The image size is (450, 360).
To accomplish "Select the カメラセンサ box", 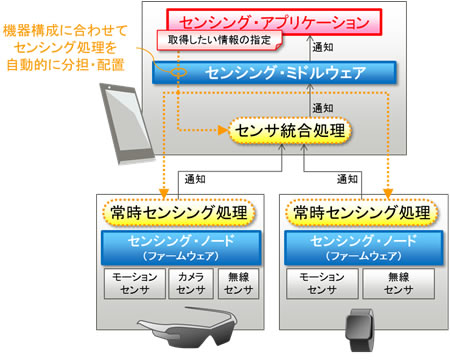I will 188,283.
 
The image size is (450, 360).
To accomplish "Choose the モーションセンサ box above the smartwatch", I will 317,283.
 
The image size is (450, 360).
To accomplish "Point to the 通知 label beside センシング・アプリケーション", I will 324,47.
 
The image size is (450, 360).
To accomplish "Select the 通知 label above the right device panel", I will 348,179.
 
